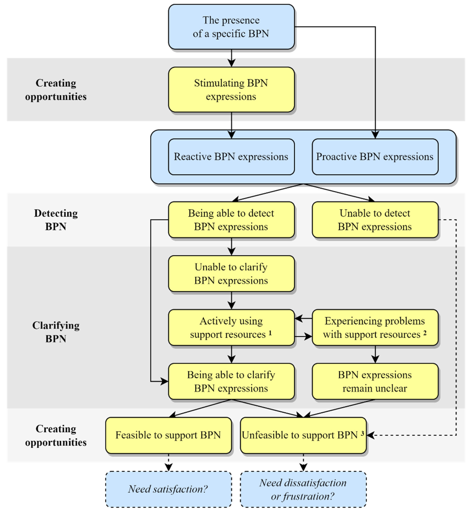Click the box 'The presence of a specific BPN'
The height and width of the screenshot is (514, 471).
point(231,27)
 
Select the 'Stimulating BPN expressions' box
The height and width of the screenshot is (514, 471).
point(231,89)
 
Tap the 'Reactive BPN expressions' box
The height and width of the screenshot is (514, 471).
point(231,157)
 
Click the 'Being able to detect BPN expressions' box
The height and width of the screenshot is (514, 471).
point(231,220)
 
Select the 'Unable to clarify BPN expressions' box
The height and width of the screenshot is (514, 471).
point(231,274)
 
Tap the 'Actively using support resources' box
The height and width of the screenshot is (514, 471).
point(231,328)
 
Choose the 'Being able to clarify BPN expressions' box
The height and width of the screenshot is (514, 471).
point(231,381)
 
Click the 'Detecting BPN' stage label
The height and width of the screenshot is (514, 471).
point(56,220)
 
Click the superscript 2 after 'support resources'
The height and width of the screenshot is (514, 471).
point(425,333)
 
